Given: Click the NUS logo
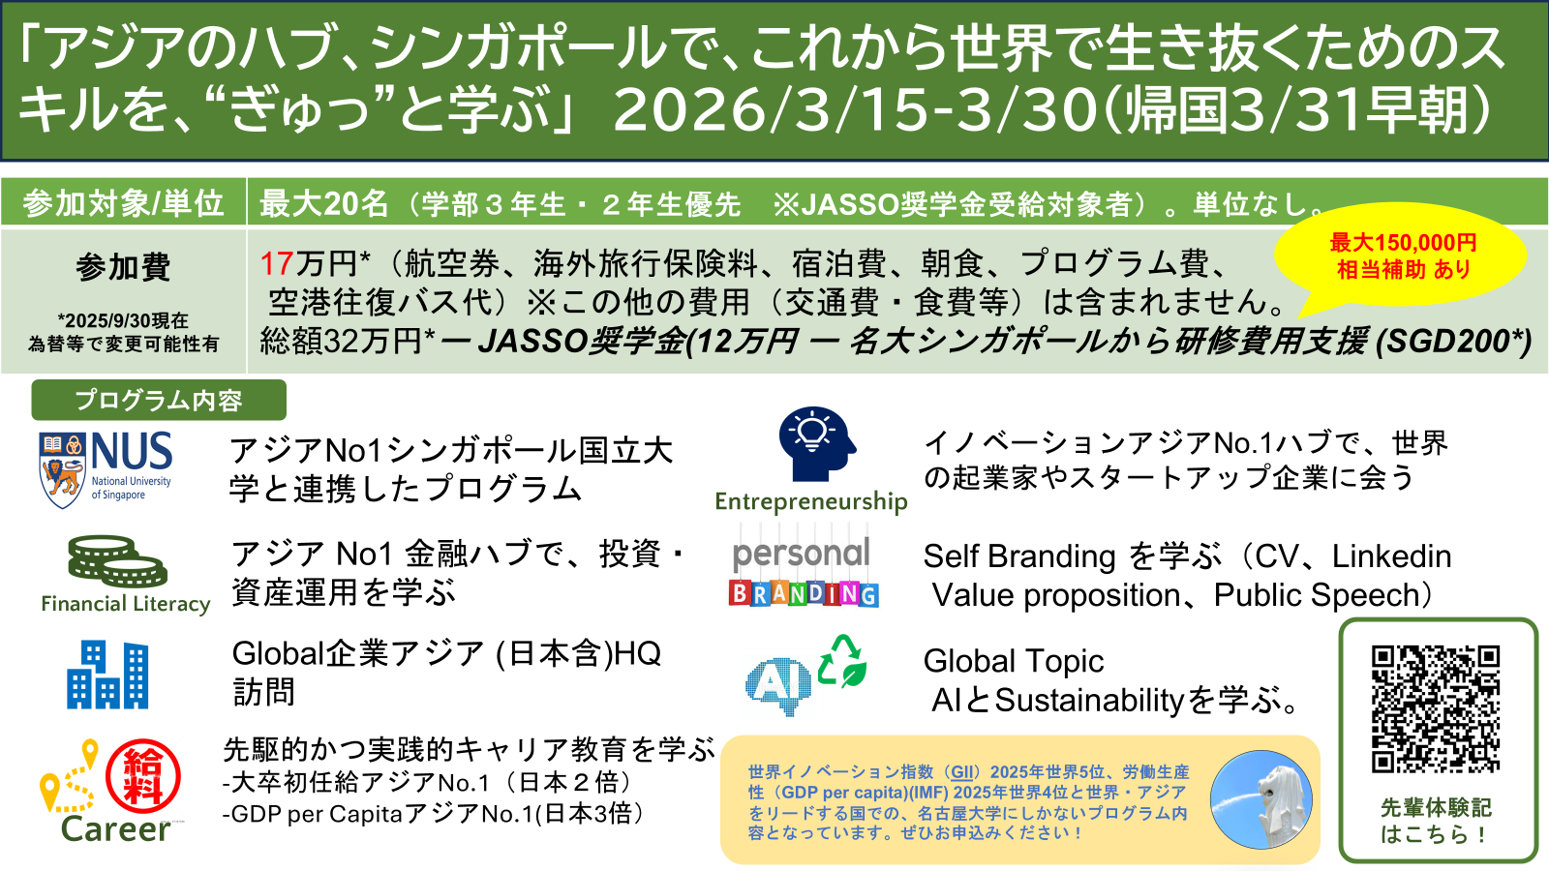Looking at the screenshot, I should (106, 469).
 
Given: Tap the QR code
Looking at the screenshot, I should (1436, 708).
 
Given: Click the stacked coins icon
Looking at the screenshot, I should (117, 562).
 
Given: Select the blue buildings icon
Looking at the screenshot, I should (107, 675).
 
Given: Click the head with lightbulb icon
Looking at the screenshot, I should (816, 444).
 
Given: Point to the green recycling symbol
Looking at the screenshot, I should (842, 661).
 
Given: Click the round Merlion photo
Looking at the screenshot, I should (1260, 799).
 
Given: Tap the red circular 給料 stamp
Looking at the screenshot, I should (143, 775).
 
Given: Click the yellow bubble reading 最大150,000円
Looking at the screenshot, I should (1402, 256).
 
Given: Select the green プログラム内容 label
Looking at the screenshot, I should (159, 400).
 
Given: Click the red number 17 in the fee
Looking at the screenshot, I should (277, 263).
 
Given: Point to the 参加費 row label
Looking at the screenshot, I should (123, 267).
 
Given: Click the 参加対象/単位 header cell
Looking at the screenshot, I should (123, 203).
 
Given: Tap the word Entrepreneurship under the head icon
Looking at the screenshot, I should (811, 501).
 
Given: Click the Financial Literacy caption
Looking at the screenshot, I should (126, 604).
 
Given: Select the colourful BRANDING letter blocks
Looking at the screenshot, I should (804, 593).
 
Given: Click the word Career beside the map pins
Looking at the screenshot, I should (116, 829).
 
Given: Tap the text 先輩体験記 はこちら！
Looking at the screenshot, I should (1436, 821).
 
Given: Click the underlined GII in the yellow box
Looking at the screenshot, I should (962, 772).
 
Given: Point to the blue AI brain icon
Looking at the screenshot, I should (777, 685).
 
